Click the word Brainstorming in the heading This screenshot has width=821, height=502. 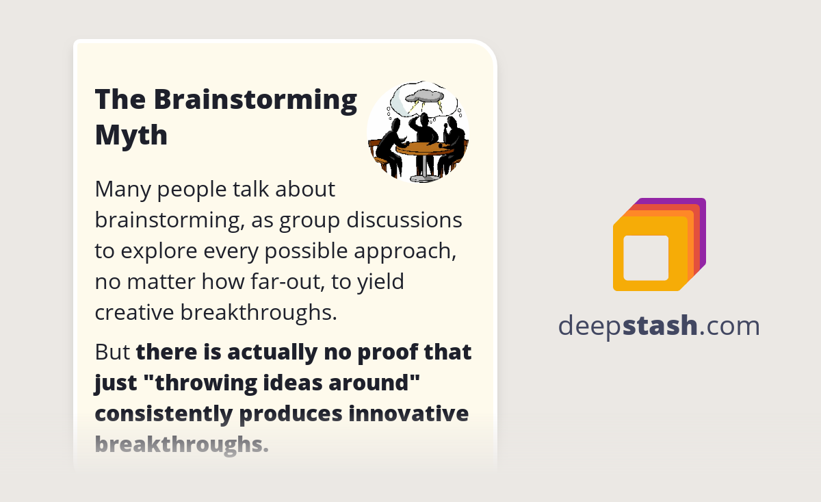point(255,100)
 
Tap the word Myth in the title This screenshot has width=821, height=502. point(131,135)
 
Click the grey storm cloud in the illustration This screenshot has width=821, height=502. point(421,95)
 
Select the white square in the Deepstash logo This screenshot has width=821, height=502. point(646,258)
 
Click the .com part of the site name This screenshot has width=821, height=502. point(729,325)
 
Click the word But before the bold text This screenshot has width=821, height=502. point(112,352)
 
